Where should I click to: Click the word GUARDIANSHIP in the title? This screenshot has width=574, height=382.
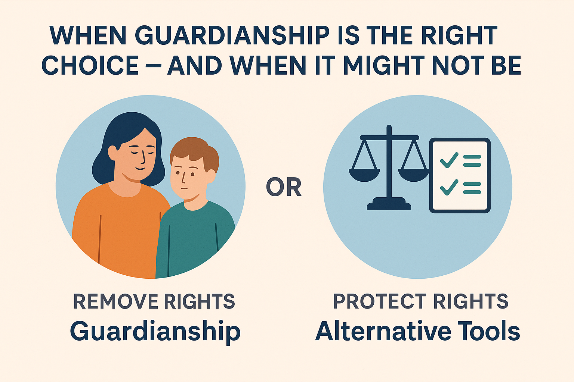pos(232,36)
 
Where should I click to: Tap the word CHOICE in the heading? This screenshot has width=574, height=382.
pos(90,66)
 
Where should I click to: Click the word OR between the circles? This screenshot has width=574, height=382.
pos(284,187)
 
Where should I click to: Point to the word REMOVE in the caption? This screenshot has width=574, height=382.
pos(115,301)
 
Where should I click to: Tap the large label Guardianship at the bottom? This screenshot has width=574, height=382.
pos(155,331)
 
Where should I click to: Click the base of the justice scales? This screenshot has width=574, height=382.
pos(389,205)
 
